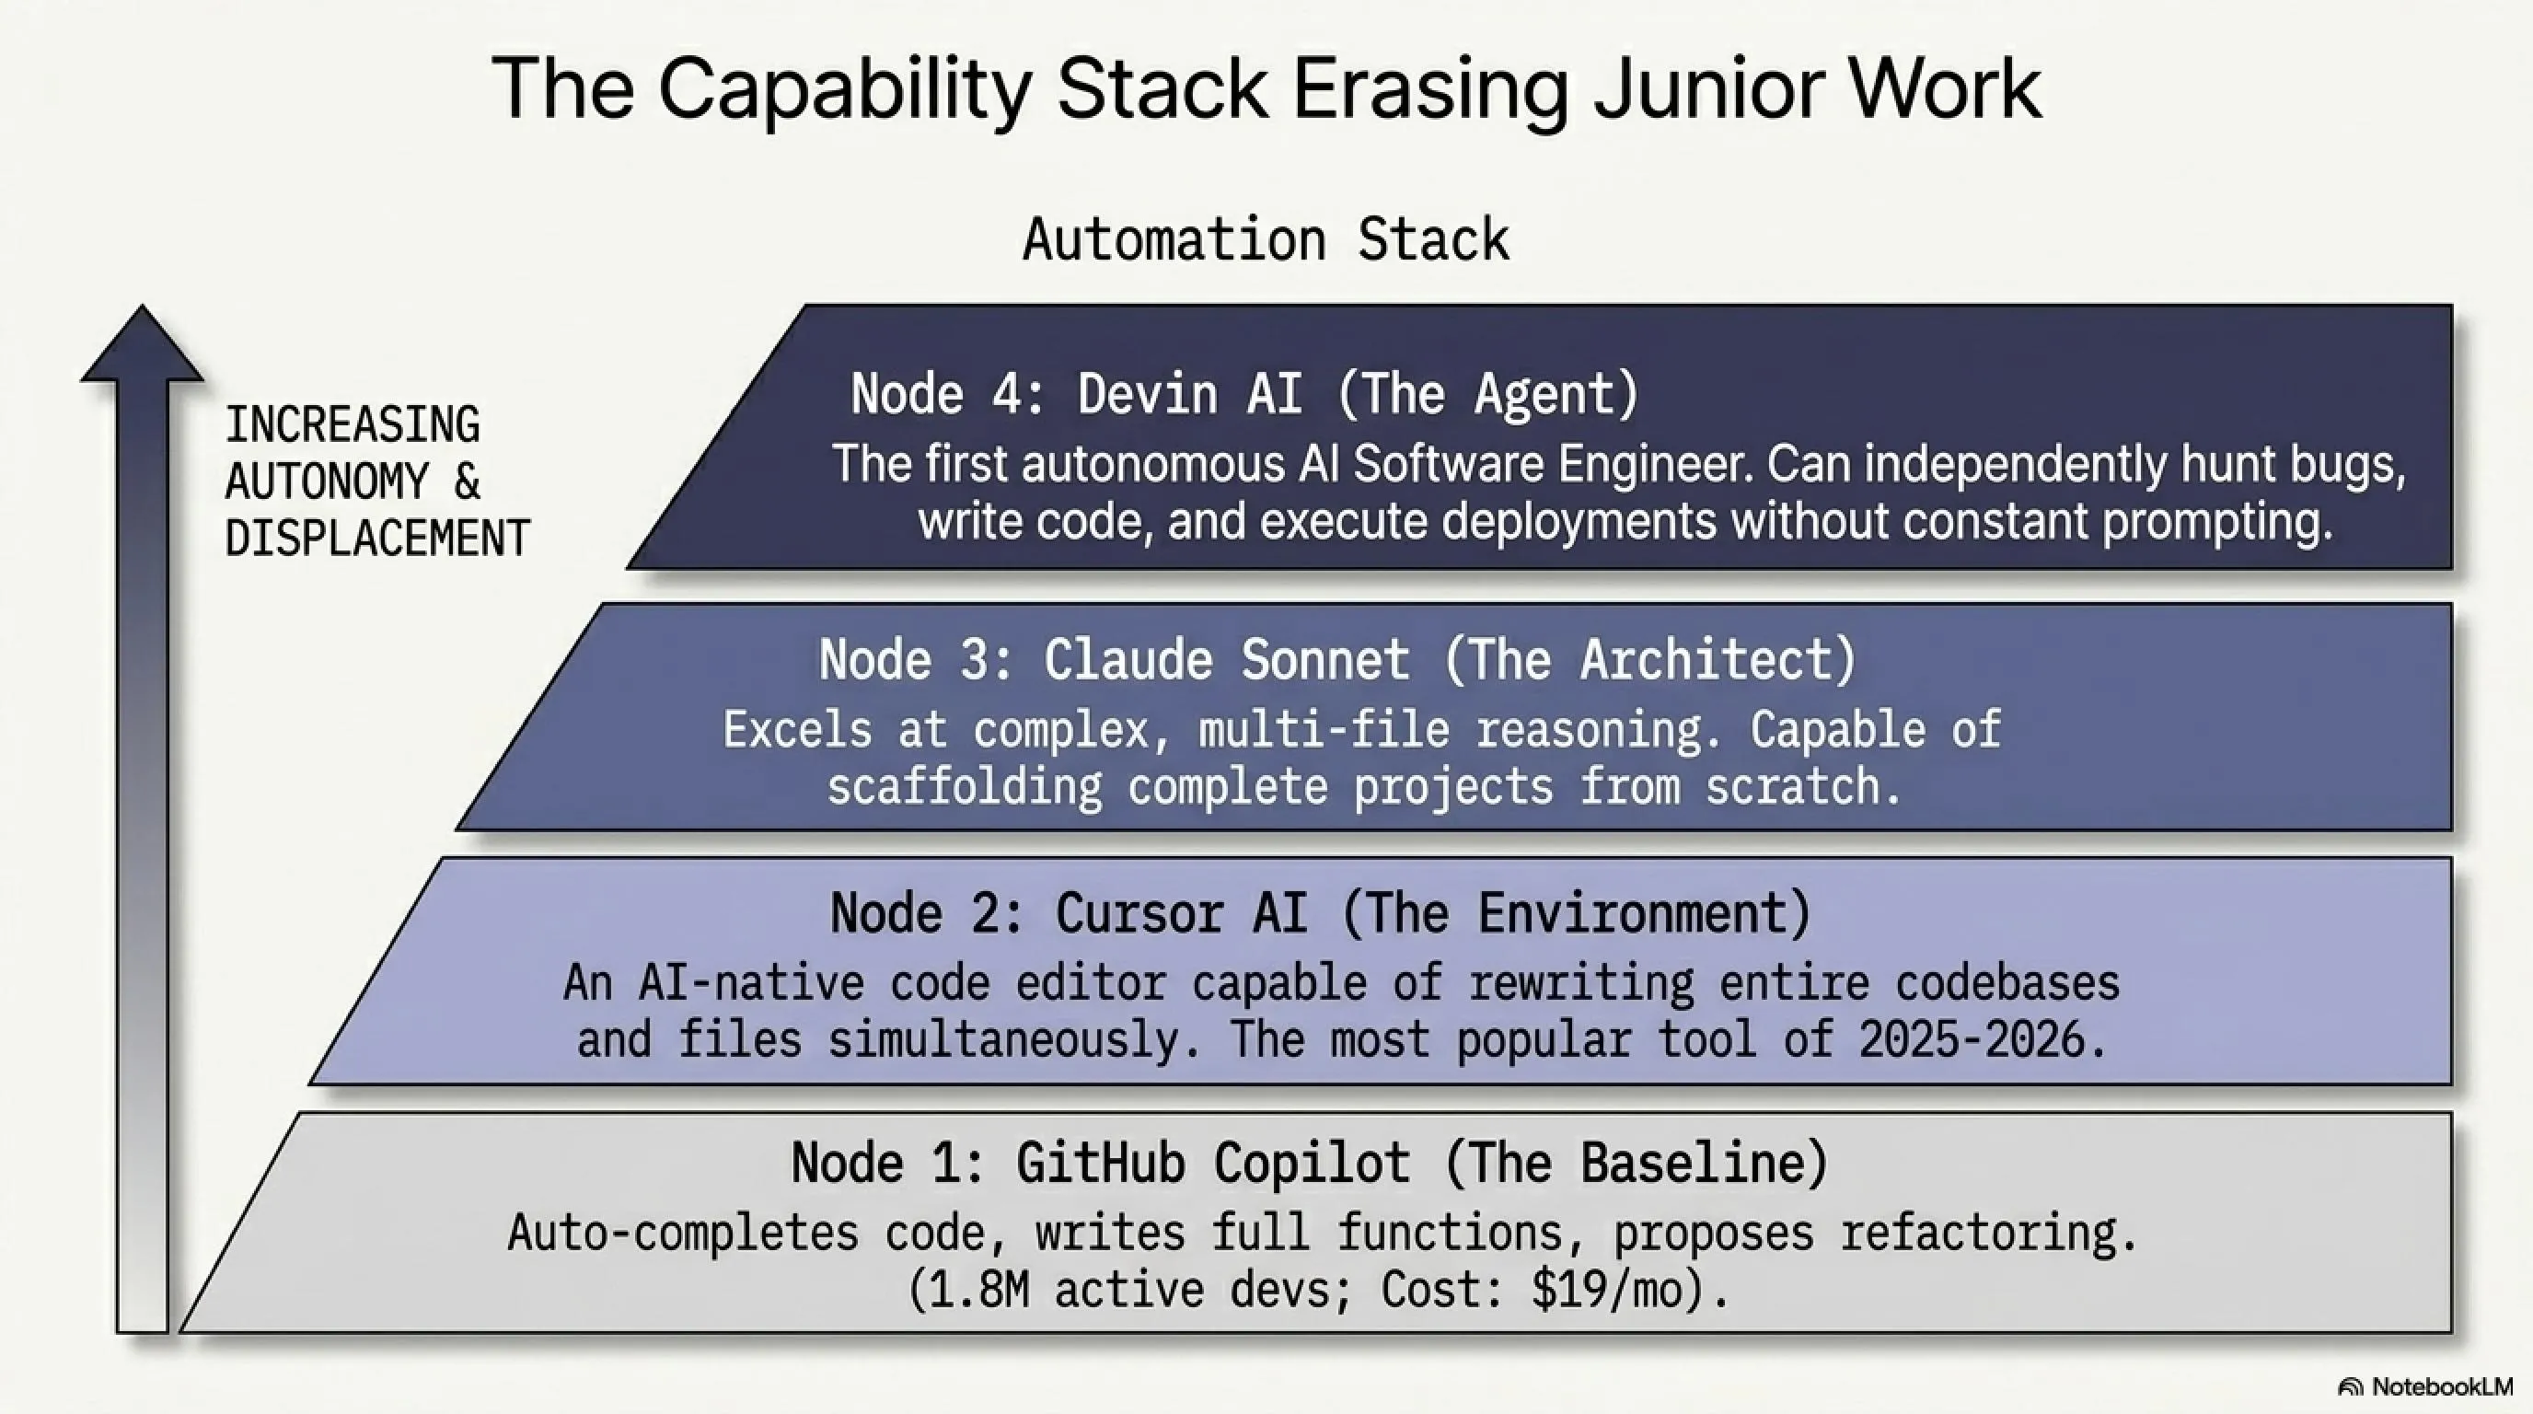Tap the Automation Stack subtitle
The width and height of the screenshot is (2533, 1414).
pyautogui.click(x=1266, y=240)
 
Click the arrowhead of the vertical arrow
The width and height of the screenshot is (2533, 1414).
pyautogui.click(x=143, y=344)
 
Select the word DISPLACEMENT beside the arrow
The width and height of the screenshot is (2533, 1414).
pyautogui.click(x=377, y=538)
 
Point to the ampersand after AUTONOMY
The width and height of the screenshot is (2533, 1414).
pyautogui.click(x=467, y=481)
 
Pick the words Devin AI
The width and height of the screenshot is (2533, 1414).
pyautogui.click(x=1191, y=393)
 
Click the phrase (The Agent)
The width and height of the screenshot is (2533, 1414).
pyautogui.click(x=1488, y=393)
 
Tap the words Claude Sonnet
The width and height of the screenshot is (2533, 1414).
pyautogui.click(x=1226, y=659)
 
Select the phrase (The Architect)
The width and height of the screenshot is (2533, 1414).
pyautogui.click(x=1650, y=659)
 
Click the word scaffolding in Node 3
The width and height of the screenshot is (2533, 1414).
pyautogui.click(x=964, y=787)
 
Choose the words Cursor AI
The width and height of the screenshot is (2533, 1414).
pyautogui.click(x=1181, y=912)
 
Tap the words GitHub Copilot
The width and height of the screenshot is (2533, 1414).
pyautogui.click(x=1212, y=1164)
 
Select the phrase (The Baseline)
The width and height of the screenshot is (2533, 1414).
pyautogui.click(x=1637, y=1164)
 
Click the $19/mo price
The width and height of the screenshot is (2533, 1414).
pyautogui.click(x=1603, y=1290)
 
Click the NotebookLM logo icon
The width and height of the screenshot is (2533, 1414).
pyautogui.click(x=2350, y=1387)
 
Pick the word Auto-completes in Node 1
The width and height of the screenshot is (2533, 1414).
pyautogui.click(x=682, y=1233)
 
